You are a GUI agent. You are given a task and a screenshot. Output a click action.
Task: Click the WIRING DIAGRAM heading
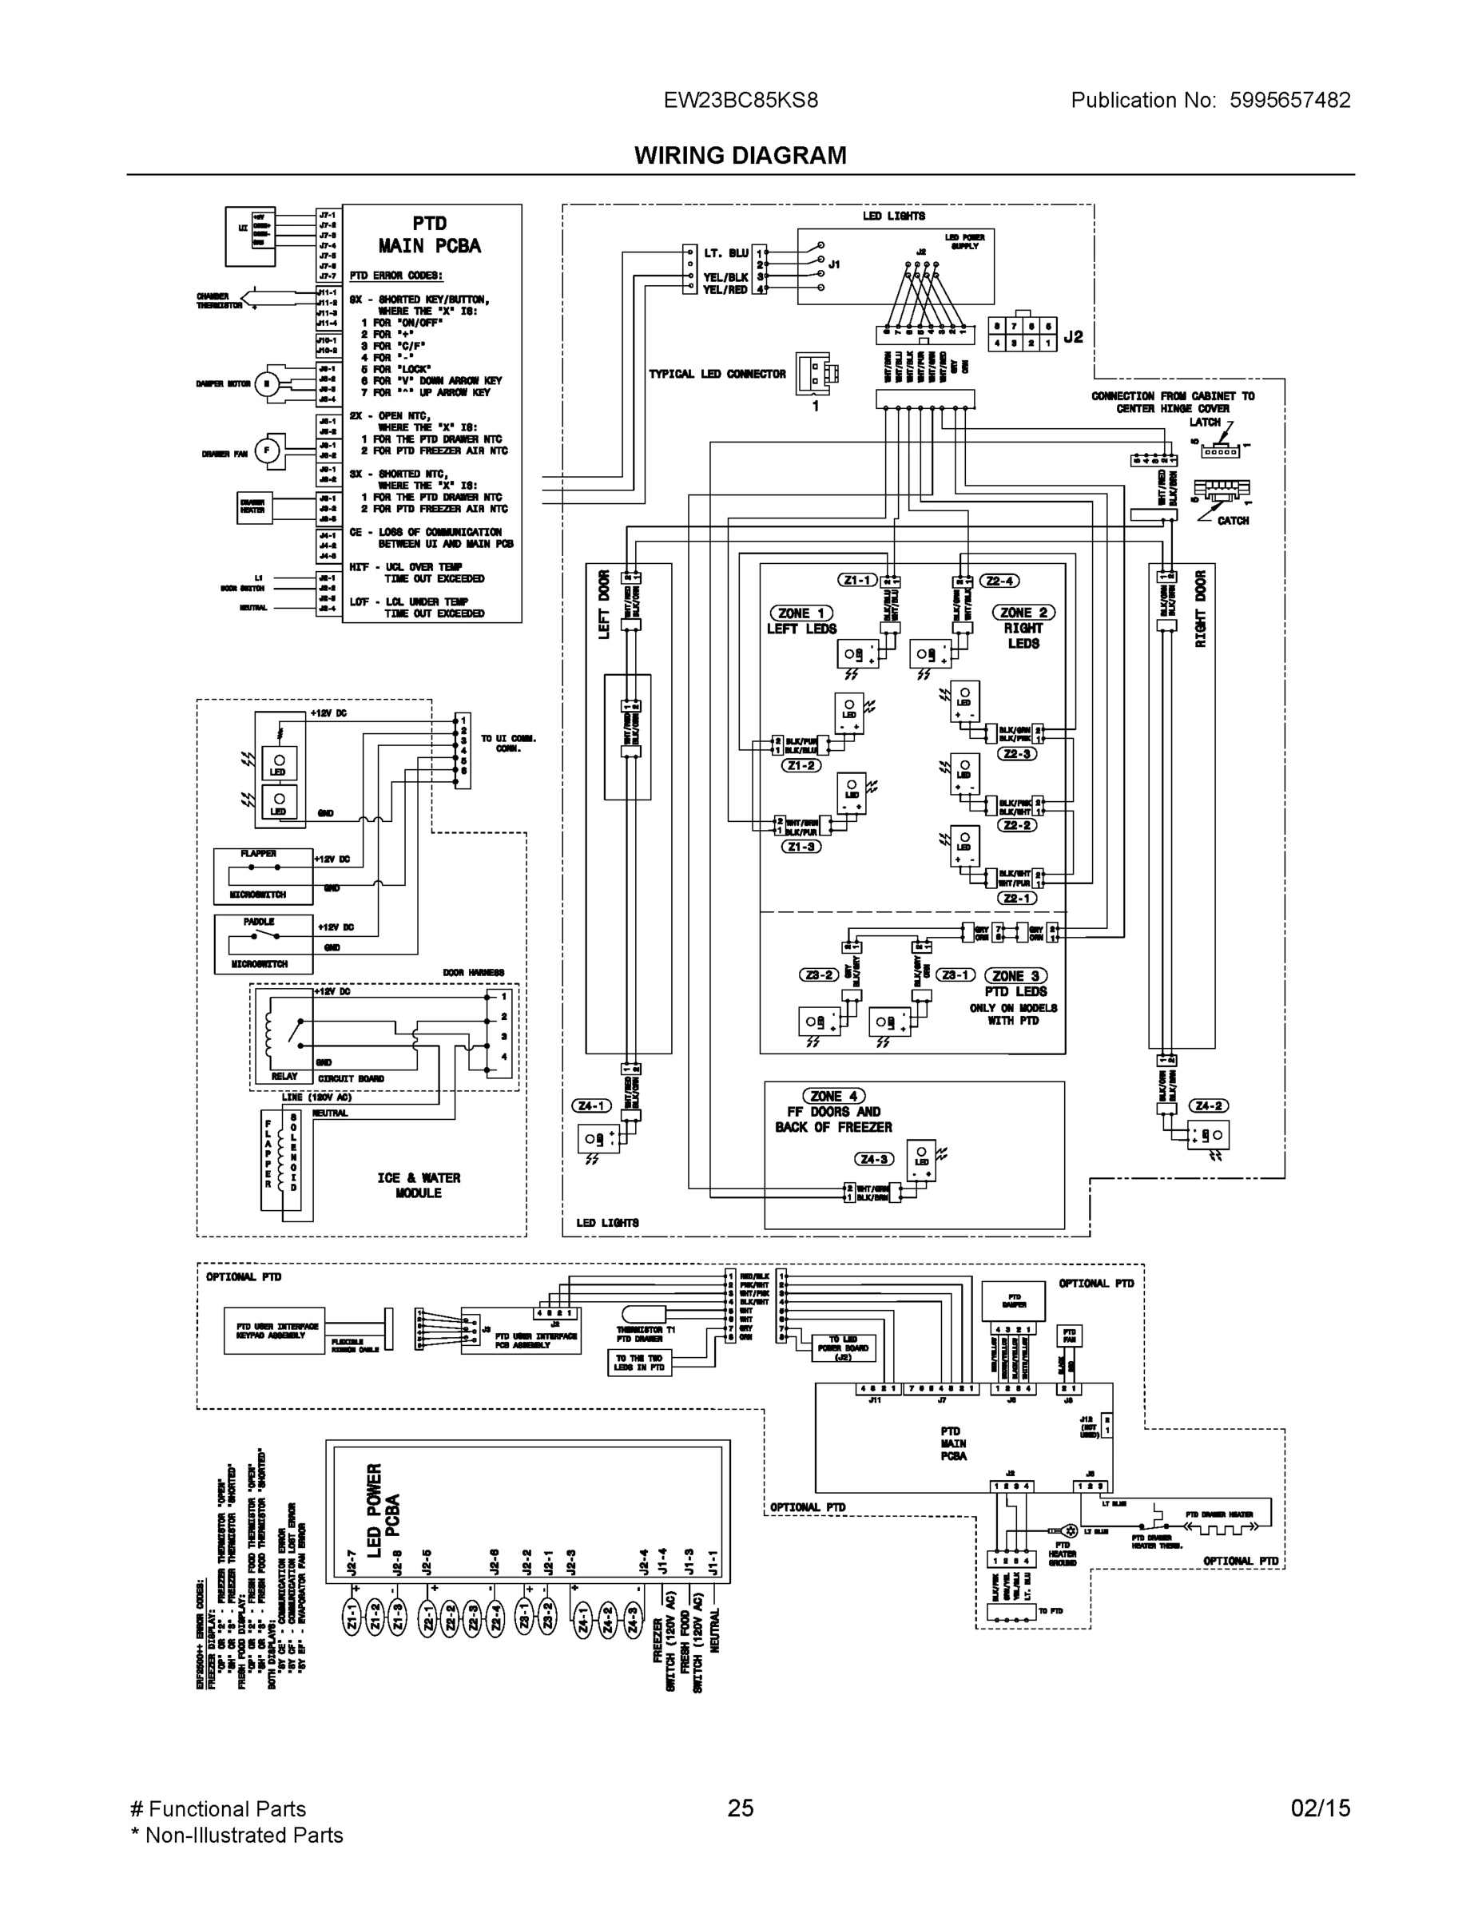click(740, 156)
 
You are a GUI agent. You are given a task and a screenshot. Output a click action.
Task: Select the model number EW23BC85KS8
click(740, 100)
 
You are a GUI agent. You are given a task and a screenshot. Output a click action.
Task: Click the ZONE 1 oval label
click(801, 613)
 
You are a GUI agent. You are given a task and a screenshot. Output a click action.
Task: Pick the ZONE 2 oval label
click(1023, 613)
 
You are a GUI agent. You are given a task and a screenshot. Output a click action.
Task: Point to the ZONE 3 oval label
click(1015, 976)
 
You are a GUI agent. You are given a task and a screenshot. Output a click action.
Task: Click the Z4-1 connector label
click(591, 1106)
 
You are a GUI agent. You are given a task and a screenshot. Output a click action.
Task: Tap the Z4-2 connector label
click(1208, 1106)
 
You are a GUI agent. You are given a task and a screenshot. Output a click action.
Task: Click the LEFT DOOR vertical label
click(604, 605)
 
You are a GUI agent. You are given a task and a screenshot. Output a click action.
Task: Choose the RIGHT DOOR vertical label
click(1200, 609)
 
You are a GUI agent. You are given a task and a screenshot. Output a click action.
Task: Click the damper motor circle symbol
click(267, 383)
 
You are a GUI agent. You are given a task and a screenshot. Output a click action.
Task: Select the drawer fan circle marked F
click(266, 451)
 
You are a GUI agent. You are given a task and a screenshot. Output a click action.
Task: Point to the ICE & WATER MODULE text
click(419, 1185)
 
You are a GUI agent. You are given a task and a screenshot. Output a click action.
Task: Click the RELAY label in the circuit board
click(284, 1076)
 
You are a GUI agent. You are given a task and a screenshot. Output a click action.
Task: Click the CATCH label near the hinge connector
click(1233, 521)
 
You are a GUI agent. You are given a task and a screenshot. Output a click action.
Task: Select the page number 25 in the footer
click(740, 1808)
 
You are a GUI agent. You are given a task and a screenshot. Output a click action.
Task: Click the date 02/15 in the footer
click(1320, 1808)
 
